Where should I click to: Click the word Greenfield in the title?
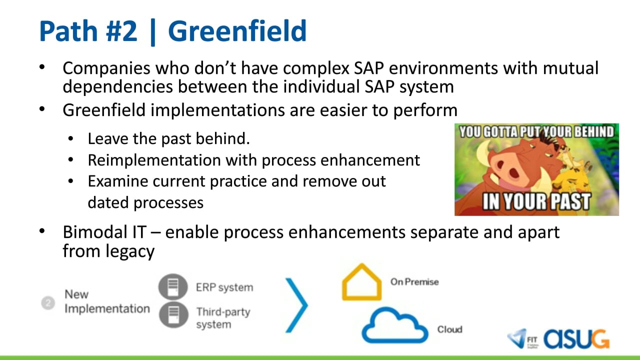click(237, 31)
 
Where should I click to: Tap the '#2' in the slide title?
click(121, 31)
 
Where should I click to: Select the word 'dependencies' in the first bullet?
click(117, 86)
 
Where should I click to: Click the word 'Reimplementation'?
click(154, 160)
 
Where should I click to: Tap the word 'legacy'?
click(129, 251)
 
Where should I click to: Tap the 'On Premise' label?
click(414, 282)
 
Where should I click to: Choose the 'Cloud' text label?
click(449, 329)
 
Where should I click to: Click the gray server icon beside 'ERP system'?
click(173, 287)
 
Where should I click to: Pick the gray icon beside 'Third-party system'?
click(173, 314)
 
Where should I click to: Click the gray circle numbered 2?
click(48, 302)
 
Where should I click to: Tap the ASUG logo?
click(576, 339)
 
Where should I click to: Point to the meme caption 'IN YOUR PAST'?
click(536, 201)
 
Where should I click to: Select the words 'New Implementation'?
click(107, 301)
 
